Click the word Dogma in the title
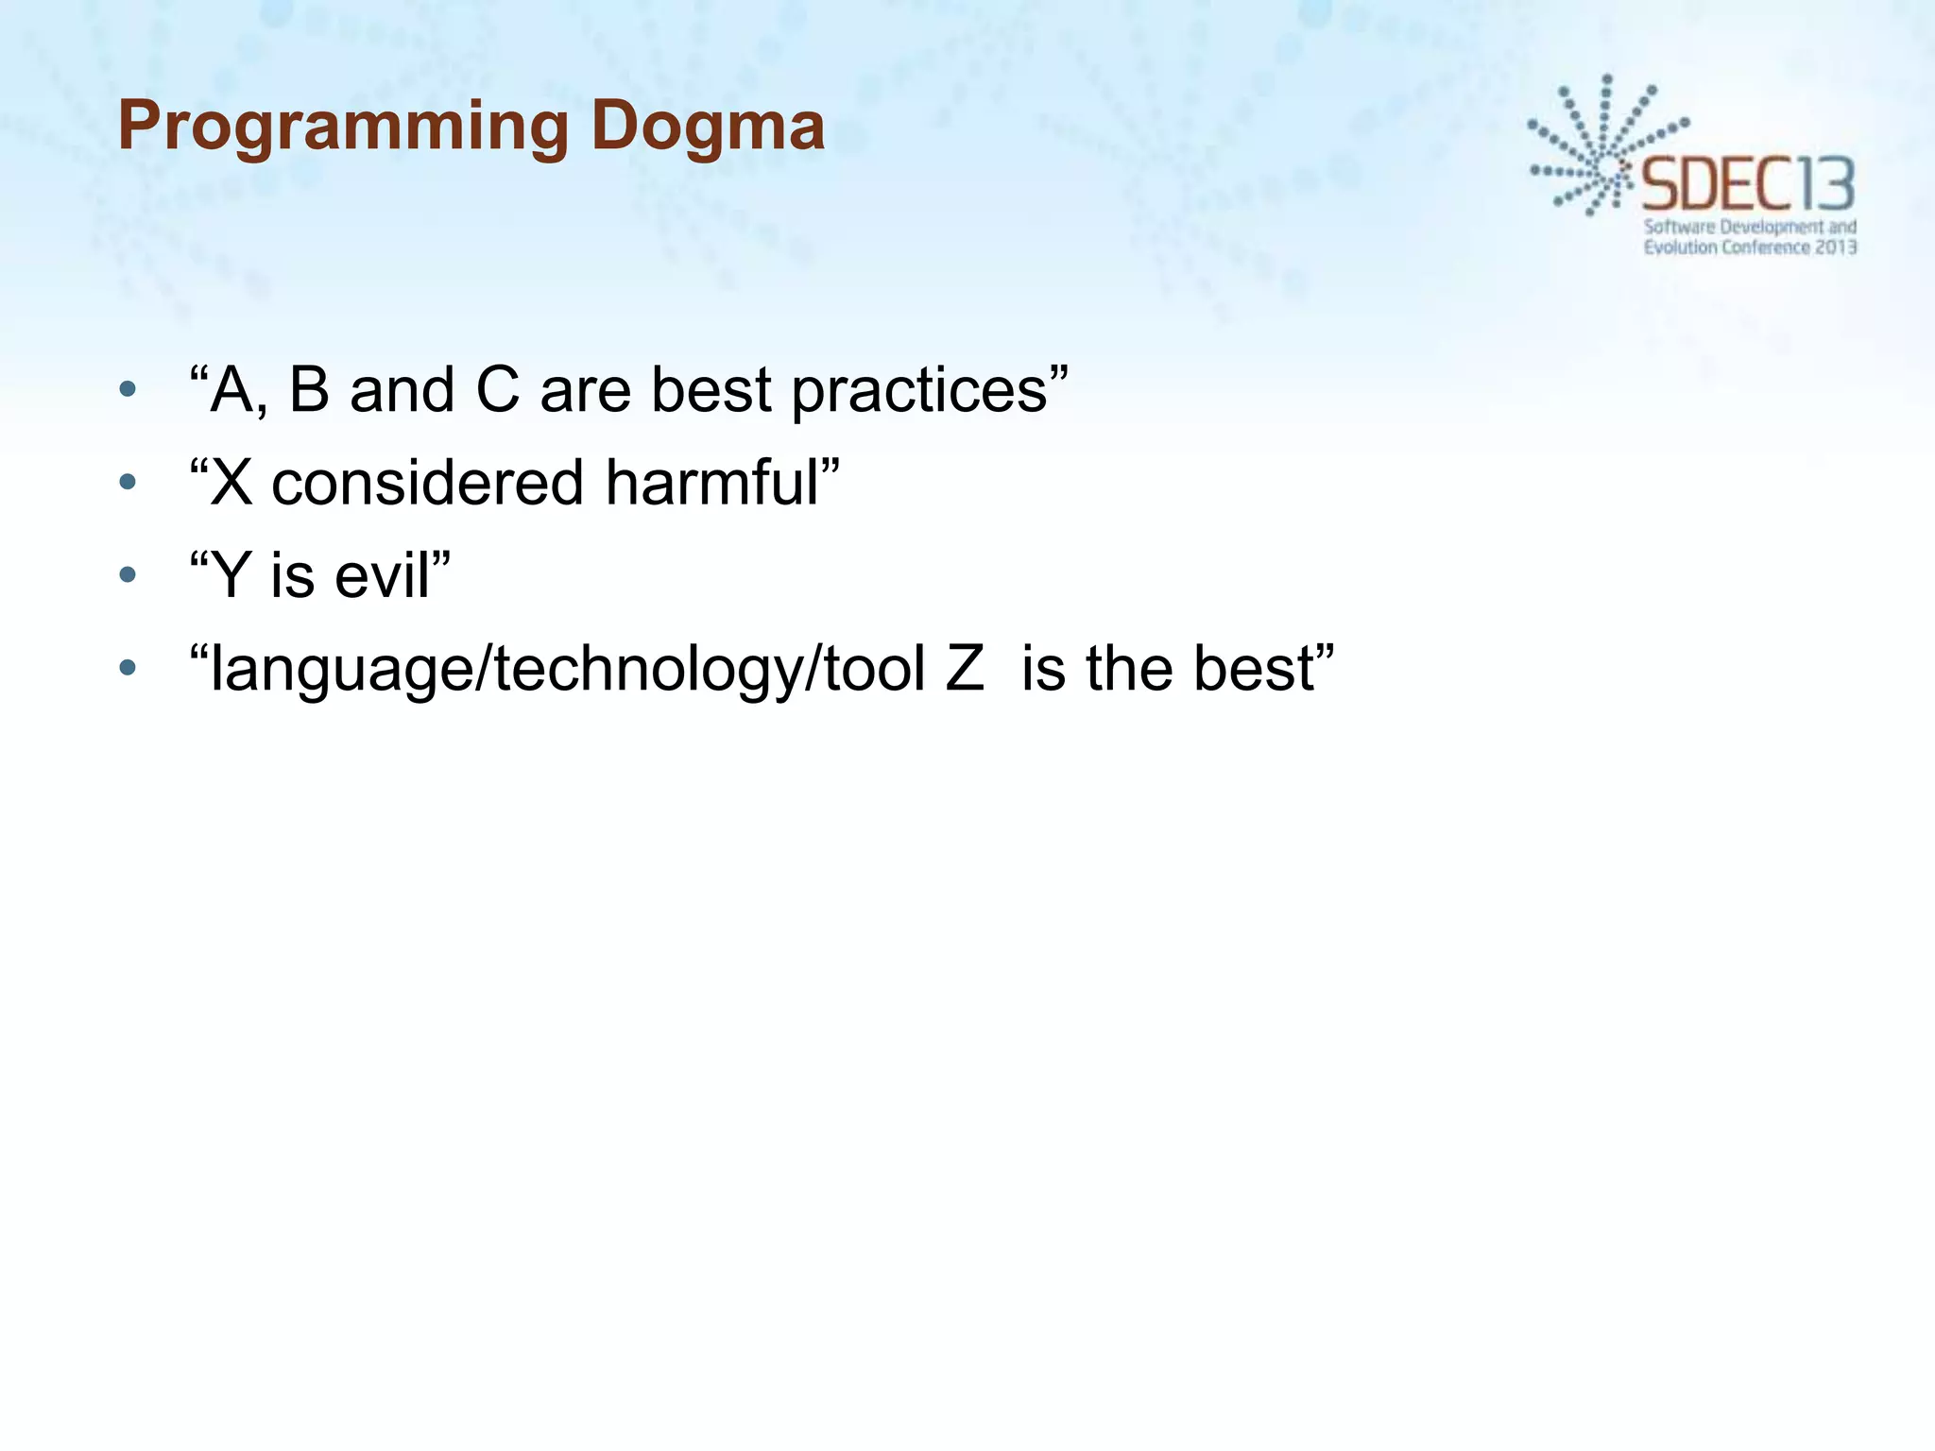[708, 128]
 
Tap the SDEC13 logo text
[1748, 185]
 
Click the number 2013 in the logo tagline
[1836, 248]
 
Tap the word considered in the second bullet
[427, 483]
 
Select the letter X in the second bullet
[231, 483]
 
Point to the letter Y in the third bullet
[231, 575]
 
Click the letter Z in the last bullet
[965, 669]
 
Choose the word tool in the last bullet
[874, 669]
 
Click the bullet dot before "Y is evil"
[128, 575]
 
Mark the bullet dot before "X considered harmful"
[128, 483]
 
